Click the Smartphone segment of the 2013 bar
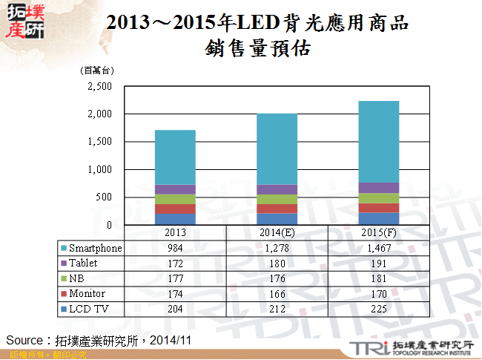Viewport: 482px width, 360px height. click(175, 157)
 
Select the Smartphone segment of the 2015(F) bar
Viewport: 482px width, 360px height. click(378, 142)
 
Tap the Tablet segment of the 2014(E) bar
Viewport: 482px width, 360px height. click(277, 189)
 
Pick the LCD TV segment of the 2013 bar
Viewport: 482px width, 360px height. click(175, 219)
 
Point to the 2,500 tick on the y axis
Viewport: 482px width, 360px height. click(99, 86)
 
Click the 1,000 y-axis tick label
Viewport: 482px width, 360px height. click(99, 169)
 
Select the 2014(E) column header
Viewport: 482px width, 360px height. click(277, 234)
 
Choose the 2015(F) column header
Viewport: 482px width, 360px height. click(378, 234)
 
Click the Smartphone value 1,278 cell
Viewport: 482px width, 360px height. click(277, 248)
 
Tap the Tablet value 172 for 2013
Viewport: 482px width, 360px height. click(175, 263)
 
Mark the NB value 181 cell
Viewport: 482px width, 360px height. click(378, 278)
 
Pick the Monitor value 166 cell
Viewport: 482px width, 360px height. click(277, 293)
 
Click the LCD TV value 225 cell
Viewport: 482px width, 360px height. click(378, 308)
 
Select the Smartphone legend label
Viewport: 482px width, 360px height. click(95, 248)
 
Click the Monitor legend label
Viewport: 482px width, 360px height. click(87, 293)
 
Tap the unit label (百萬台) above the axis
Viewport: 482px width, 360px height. click(97, 71)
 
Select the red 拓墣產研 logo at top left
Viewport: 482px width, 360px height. click(24, 22)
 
